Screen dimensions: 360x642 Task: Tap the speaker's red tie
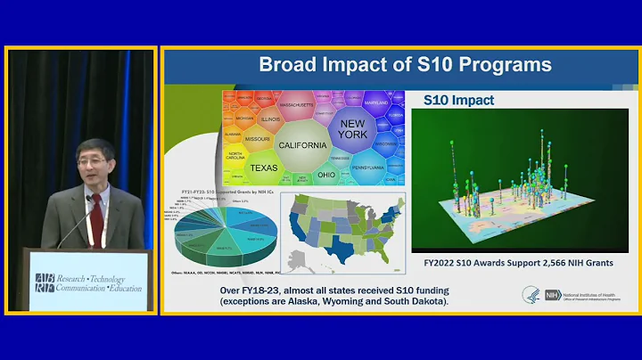point(95,214)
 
